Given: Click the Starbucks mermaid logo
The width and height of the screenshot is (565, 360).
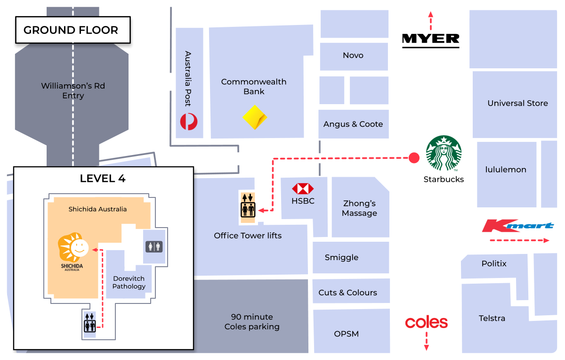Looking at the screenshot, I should [x=444, y=154].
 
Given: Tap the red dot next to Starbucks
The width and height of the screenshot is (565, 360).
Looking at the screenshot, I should [x=414, y=158].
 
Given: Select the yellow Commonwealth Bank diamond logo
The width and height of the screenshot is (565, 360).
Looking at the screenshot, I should [x=255, y=117].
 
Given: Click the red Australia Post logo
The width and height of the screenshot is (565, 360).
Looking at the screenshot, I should [x=189, y=121].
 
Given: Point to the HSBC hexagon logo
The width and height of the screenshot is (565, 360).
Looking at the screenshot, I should [x=303, y=189].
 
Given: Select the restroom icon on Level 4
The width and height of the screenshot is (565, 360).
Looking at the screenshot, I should [x=154, y=246].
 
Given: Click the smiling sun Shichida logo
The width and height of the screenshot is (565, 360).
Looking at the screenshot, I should [x=73, y=248].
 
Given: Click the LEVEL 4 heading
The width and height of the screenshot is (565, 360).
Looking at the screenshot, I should [x=103, y=179].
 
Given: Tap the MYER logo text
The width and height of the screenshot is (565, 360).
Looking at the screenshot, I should [x=430, y=41].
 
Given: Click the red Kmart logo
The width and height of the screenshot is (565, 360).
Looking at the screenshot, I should [x=517, y=226].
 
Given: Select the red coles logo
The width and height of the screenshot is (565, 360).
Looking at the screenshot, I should [x=426, y=323].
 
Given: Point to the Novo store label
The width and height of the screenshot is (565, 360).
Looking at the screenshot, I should [x=353, y=56].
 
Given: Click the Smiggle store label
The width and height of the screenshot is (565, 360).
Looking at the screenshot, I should [x=341, y=258].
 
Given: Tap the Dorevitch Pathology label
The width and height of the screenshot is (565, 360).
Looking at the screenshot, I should [x=129, y=282].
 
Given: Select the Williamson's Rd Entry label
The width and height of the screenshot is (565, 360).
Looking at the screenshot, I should [x=73, y=91].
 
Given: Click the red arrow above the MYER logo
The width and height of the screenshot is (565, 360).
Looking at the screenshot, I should [x=430, y=21].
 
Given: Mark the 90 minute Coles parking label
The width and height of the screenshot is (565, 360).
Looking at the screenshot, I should [x=252, y=322].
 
